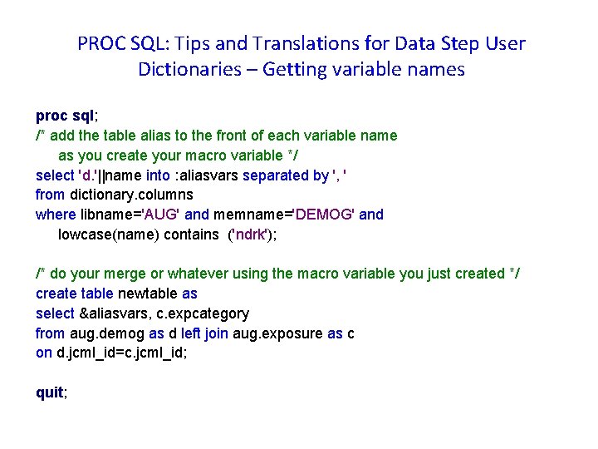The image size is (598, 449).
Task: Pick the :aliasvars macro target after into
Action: (x=209, y=175)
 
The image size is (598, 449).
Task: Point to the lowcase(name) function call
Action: (x=108, y=234)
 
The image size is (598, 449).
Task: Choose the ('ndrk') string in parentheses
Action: (x=252, y=234)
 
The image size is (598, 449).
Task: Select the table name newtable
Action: (x=148, y=294)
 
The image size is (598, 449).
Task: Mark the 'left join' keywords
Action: (x=198, y=333)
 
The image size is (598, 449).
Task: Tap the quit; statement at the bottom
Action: (x=51, y=393)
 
